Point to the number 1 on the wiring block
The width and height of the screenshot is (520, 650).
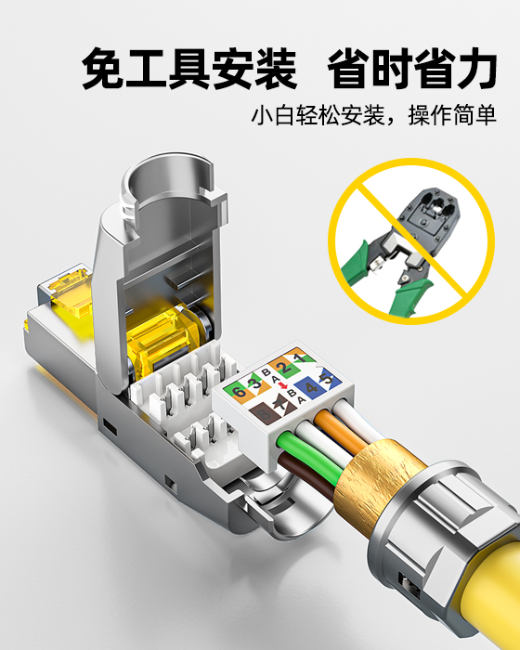pyautogui.click(x=298, y=357)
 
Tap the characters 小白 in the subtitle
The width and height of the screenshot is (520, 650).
pyautogui.click(x=275, y=118)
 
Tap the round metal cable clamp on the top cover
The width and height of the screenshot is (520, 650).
pyautogui.click(x=167, y=186)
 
